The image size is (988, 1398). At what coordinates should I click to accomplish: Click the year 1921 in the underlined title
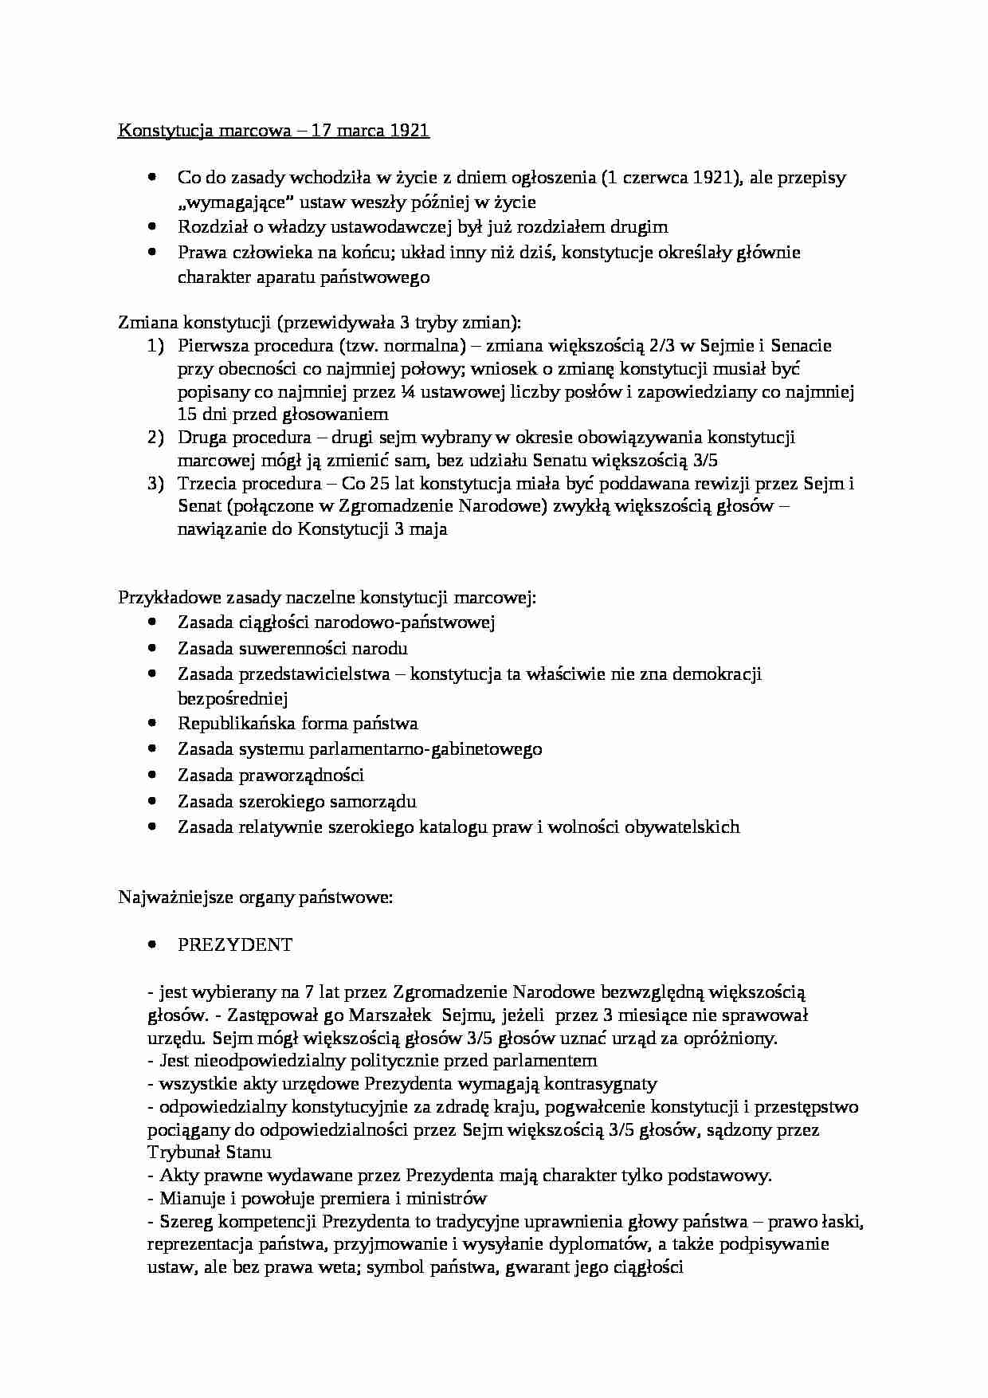click(x=410, y=131)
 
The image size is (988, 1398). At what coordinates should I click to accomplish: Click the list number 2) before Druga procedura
click(x=155, y=438)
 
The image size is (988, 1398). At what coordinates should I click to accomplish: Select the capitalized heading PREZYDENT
click(x=235, y=945)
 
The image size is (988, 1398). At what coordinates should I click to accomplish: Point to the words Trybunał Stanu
click(x=210, y=1153)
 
